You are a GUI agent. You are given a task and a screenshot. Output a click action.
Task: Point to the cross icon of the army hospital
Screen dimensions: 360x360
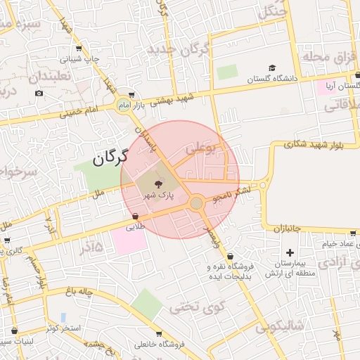(290, 252)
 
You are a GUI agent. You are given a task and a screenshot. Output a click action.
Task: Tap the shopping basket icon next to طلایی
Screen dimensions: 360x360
(135, 216)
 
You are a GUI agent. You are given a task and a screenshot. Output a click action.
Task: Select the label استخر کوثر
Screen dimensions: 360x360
(62, 329)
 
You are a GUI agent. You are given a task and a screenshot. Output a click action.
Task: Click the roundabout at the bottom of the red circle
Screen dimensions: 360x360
(197, 203)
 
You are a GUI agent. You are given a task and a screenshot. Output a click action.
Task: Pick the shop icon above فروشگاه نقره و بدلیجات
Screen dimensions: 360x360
(231, 256)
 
